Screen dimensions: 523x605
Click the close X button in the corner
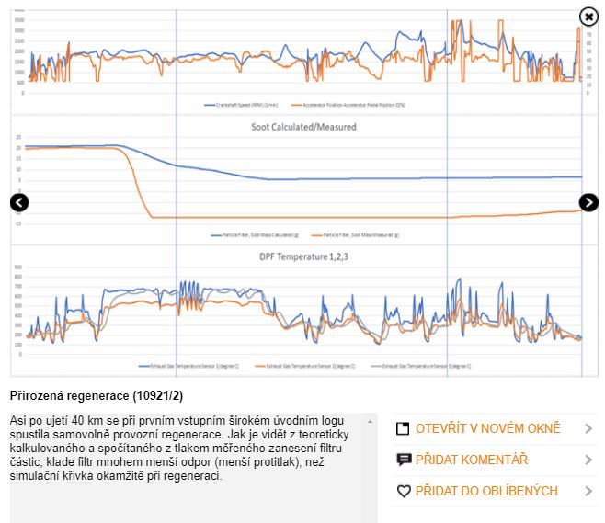pos(588,17)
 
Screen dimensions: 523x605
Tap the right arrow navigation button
pos(588,203)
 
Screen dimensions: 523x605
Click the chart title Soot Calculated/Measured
pos(303,127)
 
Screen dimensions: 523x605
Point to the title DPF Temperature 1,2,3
pos(303,257)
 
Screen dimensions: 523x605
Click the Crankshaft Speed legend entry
pos(244,105)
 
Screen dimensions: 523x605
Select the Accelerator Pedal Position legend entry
pos(349,105)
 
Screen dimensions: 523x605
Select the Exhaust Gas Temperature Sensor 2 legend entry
pos(303,366)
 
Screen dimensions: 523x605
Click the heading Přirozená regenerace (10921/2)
pos(97,396)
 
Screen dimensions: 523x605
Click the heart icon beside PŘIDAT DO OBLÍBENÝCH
pos(403,492)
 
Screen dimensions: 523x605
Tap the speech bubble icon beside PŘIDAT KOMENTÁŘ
pos(403,460)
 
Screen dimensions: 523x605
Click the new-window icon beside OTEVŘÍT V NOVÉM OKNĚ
pos(403,429)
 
